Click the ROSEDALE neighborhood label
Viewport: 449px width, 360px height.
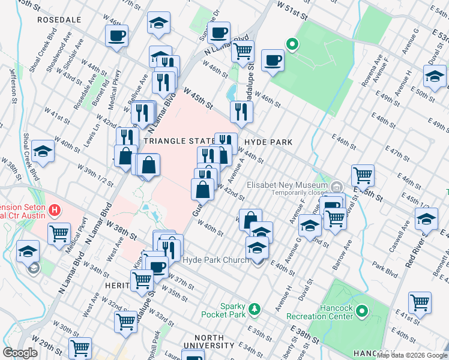(x=59, y=20)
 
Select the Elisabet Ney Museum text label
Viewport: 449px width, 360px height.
(x=289, y=185)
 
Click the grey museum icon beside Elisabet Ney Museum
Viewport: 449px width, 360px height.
(x=337, y=185)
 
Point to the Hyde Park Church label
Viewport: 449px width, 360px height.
(x=215, y=260)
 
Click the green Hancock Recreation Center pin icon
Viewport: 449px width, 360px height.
(x=361, y=311)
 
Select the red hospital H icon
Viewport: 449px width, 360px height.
(x=55, y=210)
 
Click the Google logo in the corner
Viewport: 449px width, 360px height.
(x=21, y=353)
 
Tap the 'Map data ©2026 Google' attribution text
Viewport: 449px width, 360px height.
(x=412, y=355)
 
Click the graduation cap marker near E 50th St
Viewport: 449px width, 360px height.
(x=434, y=77)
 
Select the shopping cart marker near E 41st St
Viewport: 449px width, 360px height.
(x=420, y=302)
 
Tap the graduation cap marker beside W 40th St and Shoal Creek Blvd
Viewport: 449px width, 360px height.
(x=43, y=151)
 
